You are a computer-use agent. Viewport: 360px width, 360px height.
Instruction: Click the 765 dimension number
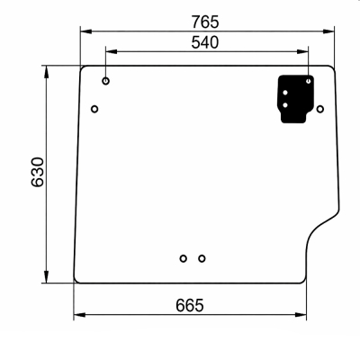pos(205,22)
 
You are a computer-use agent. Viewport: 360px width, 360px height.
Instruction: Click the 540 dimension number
pos(205,42)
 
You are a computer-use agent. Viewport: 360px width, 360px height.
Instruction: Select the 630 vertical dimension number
pos(38,172)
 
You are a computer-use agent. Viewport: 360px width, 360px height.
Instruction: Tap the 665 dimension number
pos(190,305)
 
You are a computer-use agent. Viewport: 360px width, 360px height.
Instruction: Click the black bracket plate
pos(294,99)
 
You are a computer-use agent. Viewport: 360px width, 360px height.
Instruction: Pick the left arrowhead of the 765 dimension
pos(86,31)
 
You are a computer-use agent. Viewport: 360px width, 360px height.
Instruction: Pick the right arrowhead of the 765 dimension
pos(328,31)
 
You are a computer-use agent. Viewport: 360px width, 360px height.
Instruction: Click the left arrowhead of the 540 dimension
pos(112,51)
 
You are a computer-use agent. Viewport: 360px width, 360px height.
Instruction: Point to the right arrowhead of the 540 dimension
pos(302,51)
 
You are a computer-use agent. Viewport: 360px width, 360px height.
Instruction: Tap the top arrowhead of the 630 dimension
pos(46,72)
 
